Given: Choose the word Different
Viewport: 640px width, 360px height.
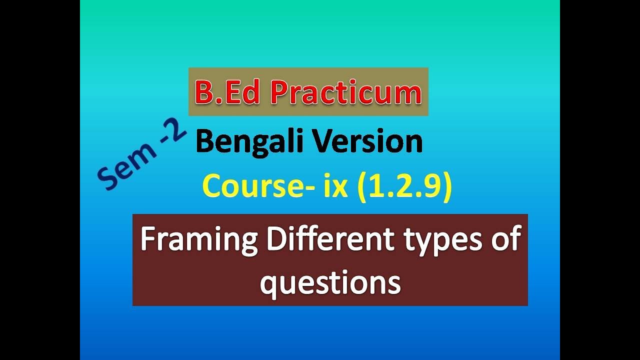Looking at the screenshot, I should tap(330, 239).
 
